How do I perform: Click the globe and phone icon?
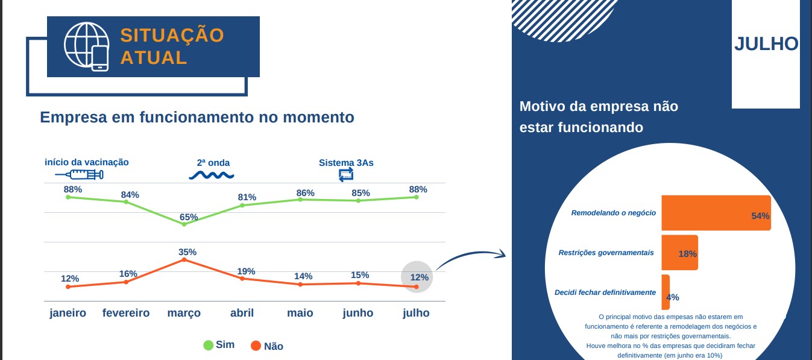pyautogui.click(x=86, y=46)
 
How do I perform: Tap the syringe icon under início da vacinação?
pyautogui.click(x=80, y=175)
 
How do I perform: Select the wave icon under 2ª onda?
pyautogui.click(x=212, y=175)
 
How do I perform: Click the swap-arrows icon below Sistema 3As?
pyautogui.click(x=346, y=175)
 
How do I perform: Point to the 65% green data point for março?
pyautogui.click(x=184, y=224)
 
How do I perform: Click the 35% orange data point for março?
pyautogui.click(x=184, y=259)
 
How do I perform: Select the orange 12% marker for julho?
pyautogui.click(x=416, y=287)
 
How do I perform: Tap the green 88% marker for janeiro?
pyautogui.click(x=68, y=197)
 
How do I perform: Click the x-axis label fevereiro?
pyautogui.click(x=126, y=313)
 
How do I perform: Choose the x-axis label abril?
pyautogui.click(x=242, y=313)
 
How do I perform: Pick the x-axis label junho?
pyautogui.click(x=358, y=313)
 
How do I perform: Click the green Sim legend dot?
pyautogui.click(x=208, y=345)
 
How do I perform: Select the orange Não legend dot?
pyautogui.click(x=256, y=346)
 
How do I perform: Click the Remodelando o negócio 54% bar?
pyautogui.click(x=716, y=213)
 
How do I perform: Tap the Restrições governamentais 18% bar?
pyautogui.click(x=680, y=252)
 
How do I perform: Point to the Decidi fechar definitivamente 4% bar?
pyautogui.click(x=666, y=292)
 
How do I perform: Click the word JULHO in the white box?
pyautogui.click(x=766, y=44)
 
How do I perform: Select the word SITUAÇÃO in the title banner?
pyautogui.click(x=172, y=35)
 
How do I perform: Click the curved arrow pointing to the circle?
pyautogui.click(x=471, y=255)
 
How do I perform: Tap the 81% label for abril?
pyautogui.click(x=247, y=197)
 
